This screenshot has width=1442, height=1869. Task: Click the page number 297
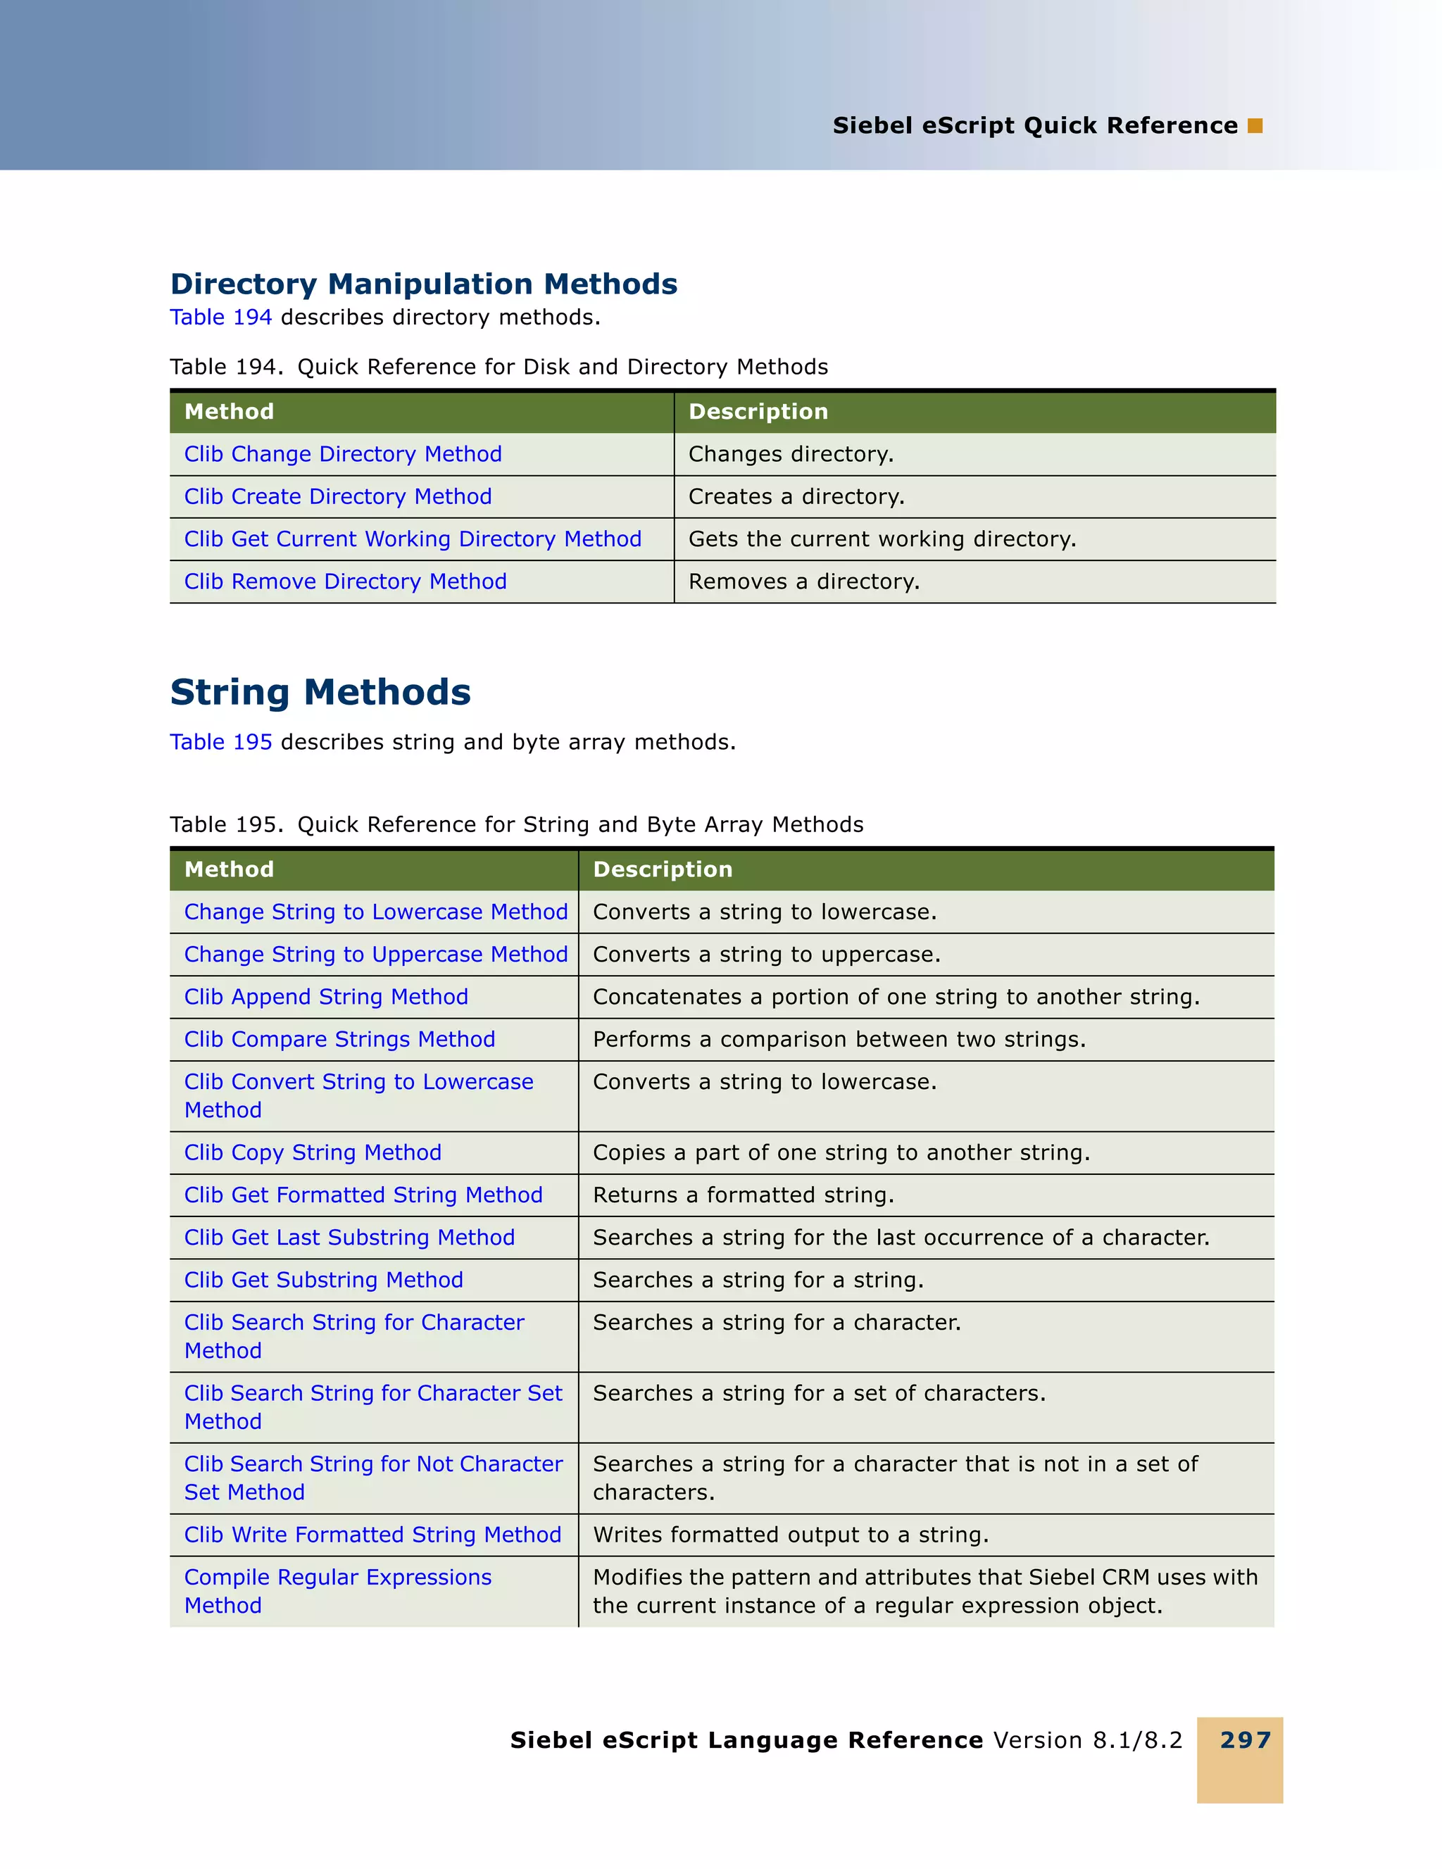click(1245, 1739)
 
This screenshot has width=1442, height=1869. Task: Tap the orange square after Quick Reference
click(1255, 126)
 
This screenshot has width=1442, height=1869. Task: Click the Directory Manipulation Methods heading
click(424, 284)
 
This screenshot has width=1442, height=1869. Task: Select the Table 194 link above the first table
click(221, 317)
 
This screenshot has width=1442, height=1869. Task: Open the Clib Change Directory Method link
click(342, 455)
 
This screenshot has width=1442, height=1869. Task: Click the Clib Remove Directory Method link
click(345, 582)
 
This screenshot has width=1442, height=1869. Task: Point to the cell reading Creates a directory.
click(796, 497)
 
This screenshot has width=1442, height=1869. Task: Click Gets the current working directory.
click(882, 539)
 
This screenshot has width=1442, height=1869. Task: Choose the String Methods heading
click(320, 692)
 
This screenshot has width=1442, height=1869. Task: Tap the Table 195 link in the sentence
click(221, 742)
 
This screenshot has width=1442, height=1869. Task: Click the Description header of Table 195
click(663, 869)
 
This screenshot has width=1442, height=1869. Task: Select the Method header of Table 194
click(230, 412)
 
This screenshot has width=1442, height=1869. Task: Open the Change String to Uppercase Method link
click(376, 954)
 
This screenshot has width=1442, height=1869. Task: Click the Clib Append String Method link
click(326, 997)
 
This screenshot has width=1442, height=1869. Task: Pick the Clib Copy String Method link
click(313, 1152)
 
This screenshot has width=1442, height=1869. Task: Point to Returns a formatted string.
click(743, 1195)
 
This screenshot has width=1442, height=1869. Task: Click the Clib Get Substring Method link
click(323, 1280)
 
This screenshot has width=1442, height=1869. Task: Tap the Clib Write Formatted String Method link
click(372, 1535)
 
